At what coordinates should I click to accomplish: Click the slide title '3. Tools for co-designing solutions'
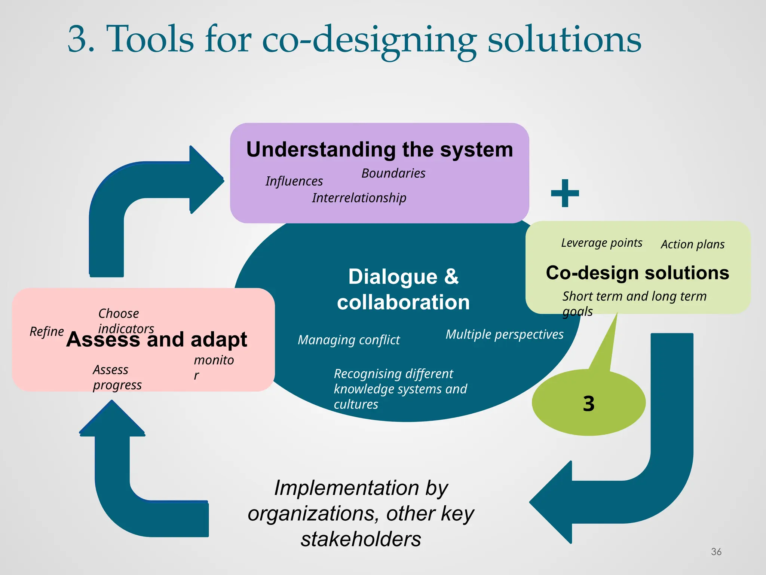354,40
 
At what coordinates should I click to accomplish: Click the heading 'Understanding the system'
379,150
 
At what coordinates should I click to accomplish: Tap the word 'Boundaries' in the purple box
393,173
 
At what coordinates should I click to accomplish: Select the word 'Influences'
294,181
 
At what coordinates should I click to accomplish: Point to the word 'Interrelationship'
359,198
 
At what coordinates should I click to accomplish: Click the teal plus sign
565,193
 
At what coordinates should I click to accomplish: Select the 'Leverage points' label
601,243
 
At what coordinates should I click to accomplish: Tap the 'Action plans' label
692,244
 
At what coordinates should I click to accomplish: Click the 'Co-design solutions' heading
637,273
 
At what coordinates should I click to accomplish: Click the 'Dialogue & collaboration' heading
403,289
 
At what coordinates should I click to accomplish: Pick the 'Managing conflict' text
349,340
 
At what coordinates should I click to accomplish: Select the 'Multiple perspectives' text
504,334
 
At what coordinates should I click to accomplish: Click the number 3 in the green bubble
589,404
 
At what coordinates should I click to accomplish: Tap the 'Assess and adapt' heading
156,340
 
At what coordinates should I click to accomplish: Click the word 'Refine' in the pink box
47,332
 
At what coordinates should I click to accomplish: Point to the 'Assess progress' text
117,377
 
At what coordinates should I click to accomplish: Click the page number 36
716,551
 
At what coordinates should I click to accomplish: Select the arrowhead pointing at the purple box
206,180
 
